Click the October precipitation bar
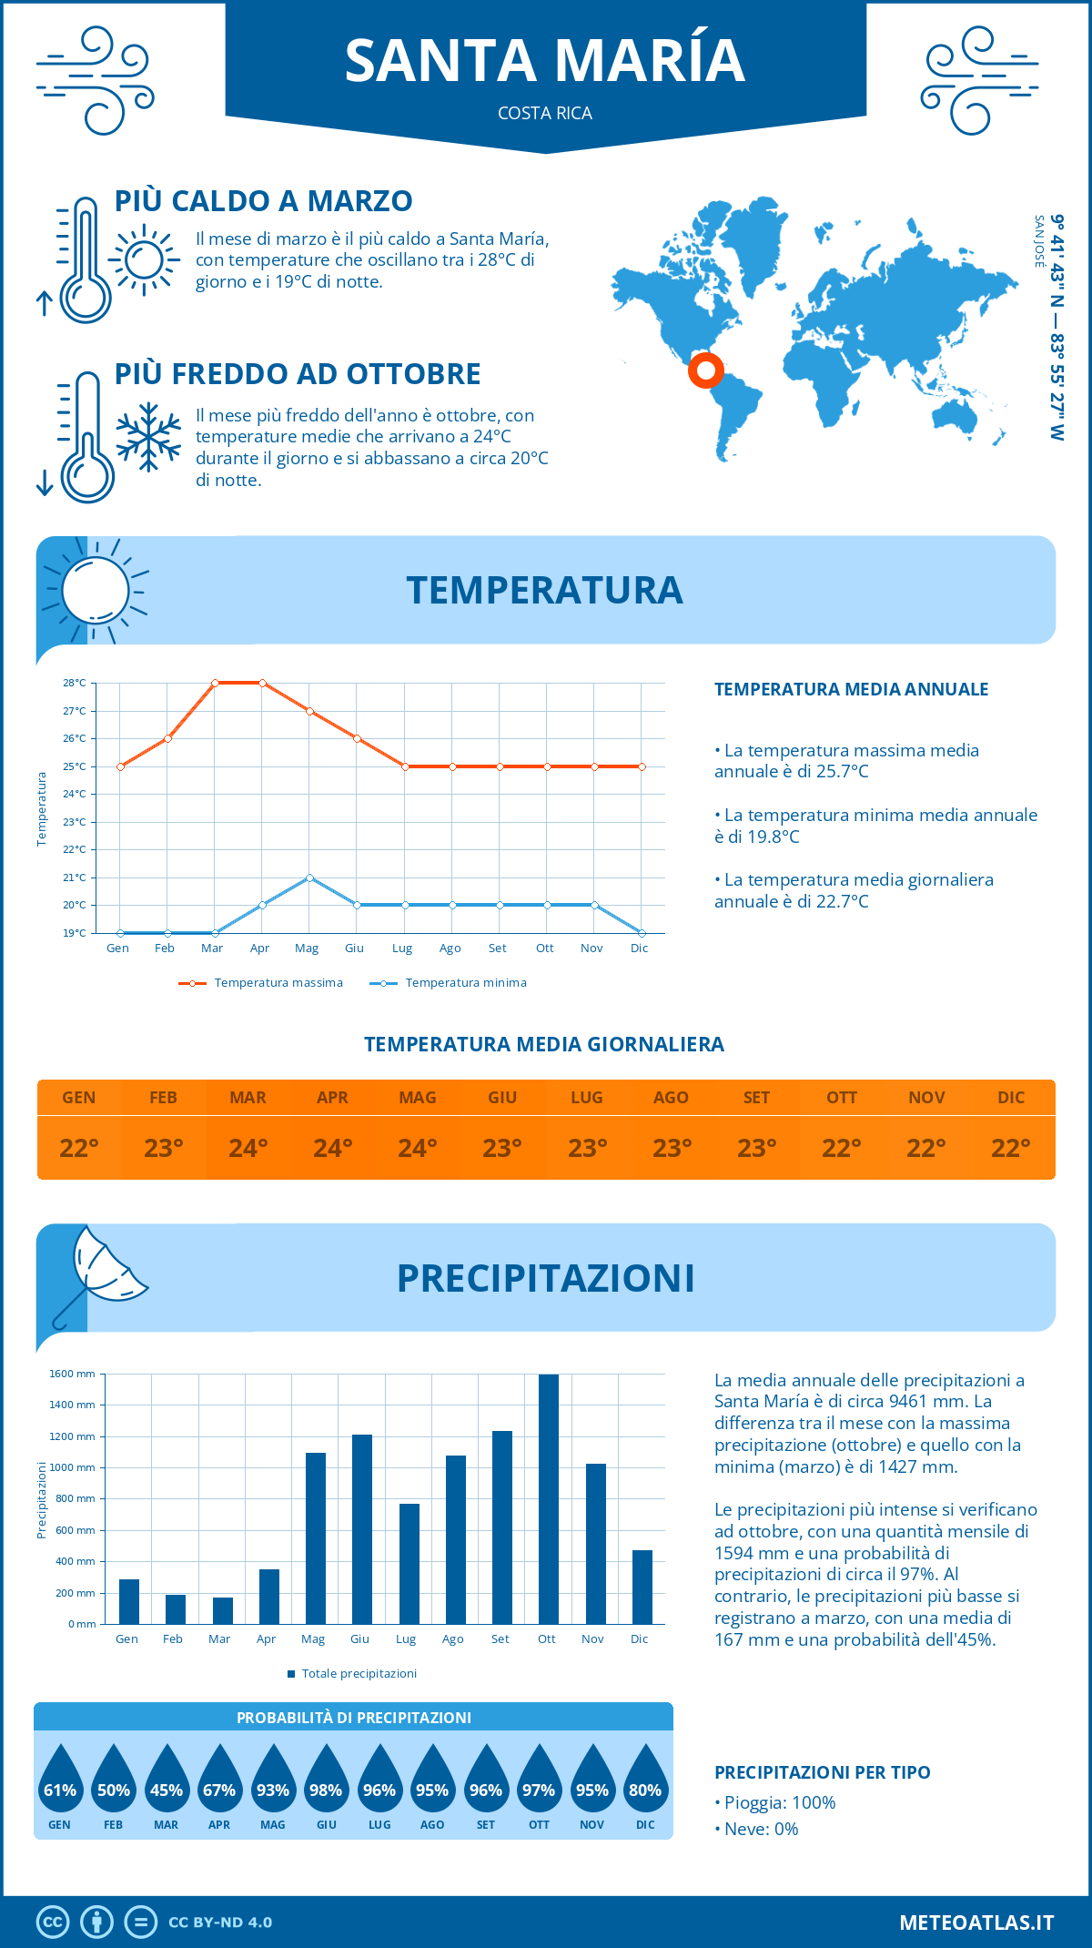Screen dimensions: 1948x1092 (x=548, y=1499)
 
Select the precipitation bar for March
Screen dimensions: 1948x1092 (x=222, y=1610)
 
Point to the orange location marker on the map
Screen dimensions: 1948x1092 (x=705, y=370)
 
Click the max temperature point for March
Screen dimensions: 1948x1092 (x=215, y=683)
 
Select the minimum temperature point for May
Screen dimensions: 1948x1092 (x=310, y=878)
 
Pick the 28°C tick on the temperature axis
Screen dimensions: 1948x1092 (x=75, y=683)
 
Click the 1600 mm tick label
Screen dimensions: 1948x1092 (x=72, y=1374)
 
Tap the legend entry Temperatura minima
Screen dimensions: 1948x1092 (x=465, y=983)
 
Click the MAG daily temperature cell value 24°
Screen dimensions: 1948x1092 (x=417, y=1148)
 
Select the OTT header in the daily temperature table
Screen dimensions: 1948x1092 (x=841, y=1098)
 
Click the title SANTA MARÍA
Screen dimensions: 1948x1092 (x=545, y=61)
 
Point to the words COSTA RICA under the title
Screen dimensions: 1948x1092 (x=545, y=113)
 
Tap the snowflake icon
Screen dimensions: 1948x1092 (x=148, y=437)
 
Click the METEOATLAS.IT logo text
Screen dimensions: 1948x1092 (x=976, y=1923)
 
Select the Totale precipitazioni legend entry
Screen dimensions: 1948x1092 (x=359, y=1674)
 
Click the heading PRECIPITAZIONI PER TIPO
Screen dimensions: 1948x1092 (x=822, y=1772)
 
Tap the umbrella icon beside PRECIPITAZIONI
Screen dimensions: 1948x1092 (x=100, y=1270)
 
